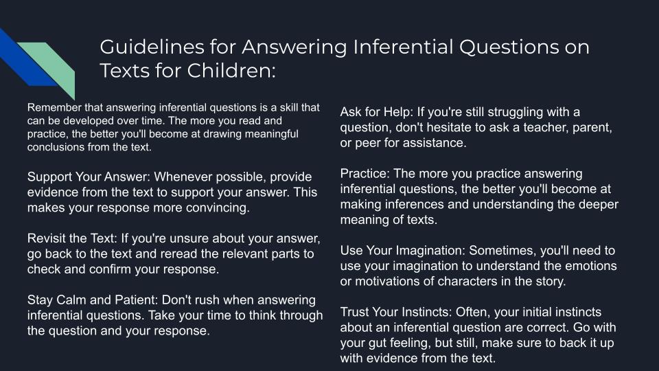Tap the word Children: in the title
point(231,70)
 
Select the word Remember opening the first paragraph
point(54,107)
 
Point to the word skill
point(289,107)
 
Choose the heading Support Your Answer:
point(89,177)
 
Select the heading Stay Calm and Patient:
point(93,300)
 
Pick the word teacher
point(546,128)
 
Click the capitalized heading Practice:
point(365,174)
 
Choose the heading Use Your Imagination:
point(403,251)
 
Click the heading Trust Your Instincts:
point(396,312)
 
